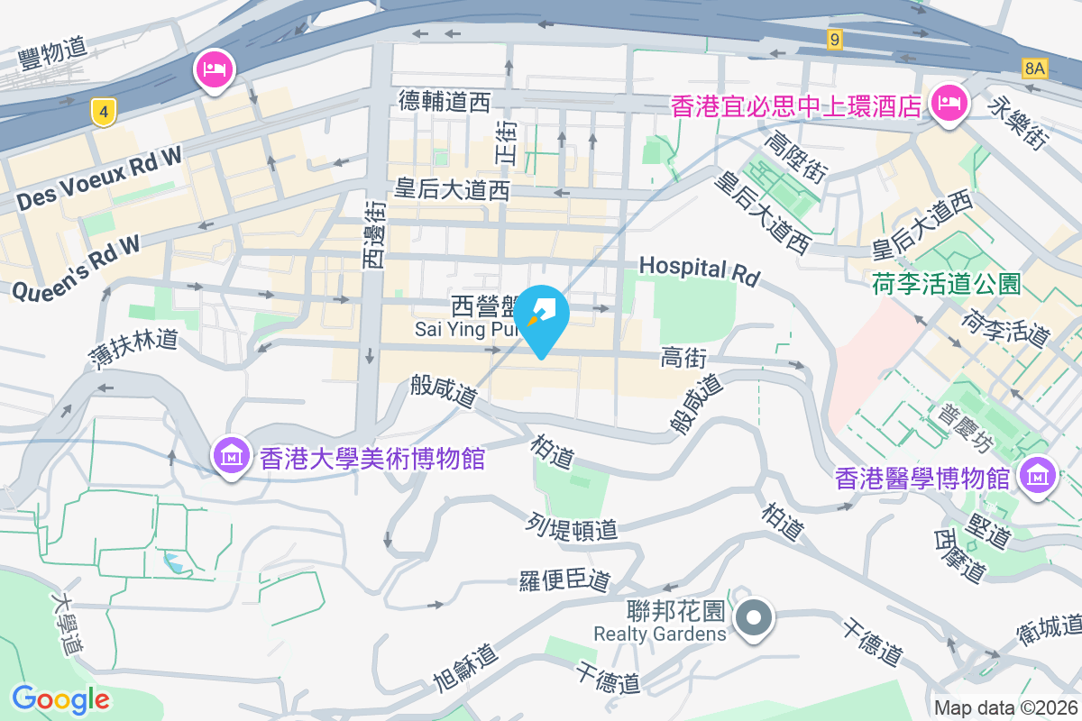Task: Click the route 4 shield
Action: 105,112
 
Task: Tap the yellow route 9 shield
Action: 835,39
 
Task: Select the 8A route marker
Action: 1035,68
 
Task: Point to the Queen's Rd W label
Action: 78,267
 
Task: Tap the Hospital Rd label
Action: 700,269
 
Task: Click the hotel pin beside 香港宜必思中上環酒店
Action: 949,105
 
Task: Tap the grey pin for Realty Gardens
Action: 753,619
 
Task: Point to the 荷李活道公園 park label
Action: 946,285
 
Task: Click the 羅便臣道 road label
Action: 565,580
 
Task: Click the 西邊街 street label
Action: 373,234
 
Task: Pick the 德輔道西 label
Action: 445,102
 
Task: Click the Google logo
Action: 60,698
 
